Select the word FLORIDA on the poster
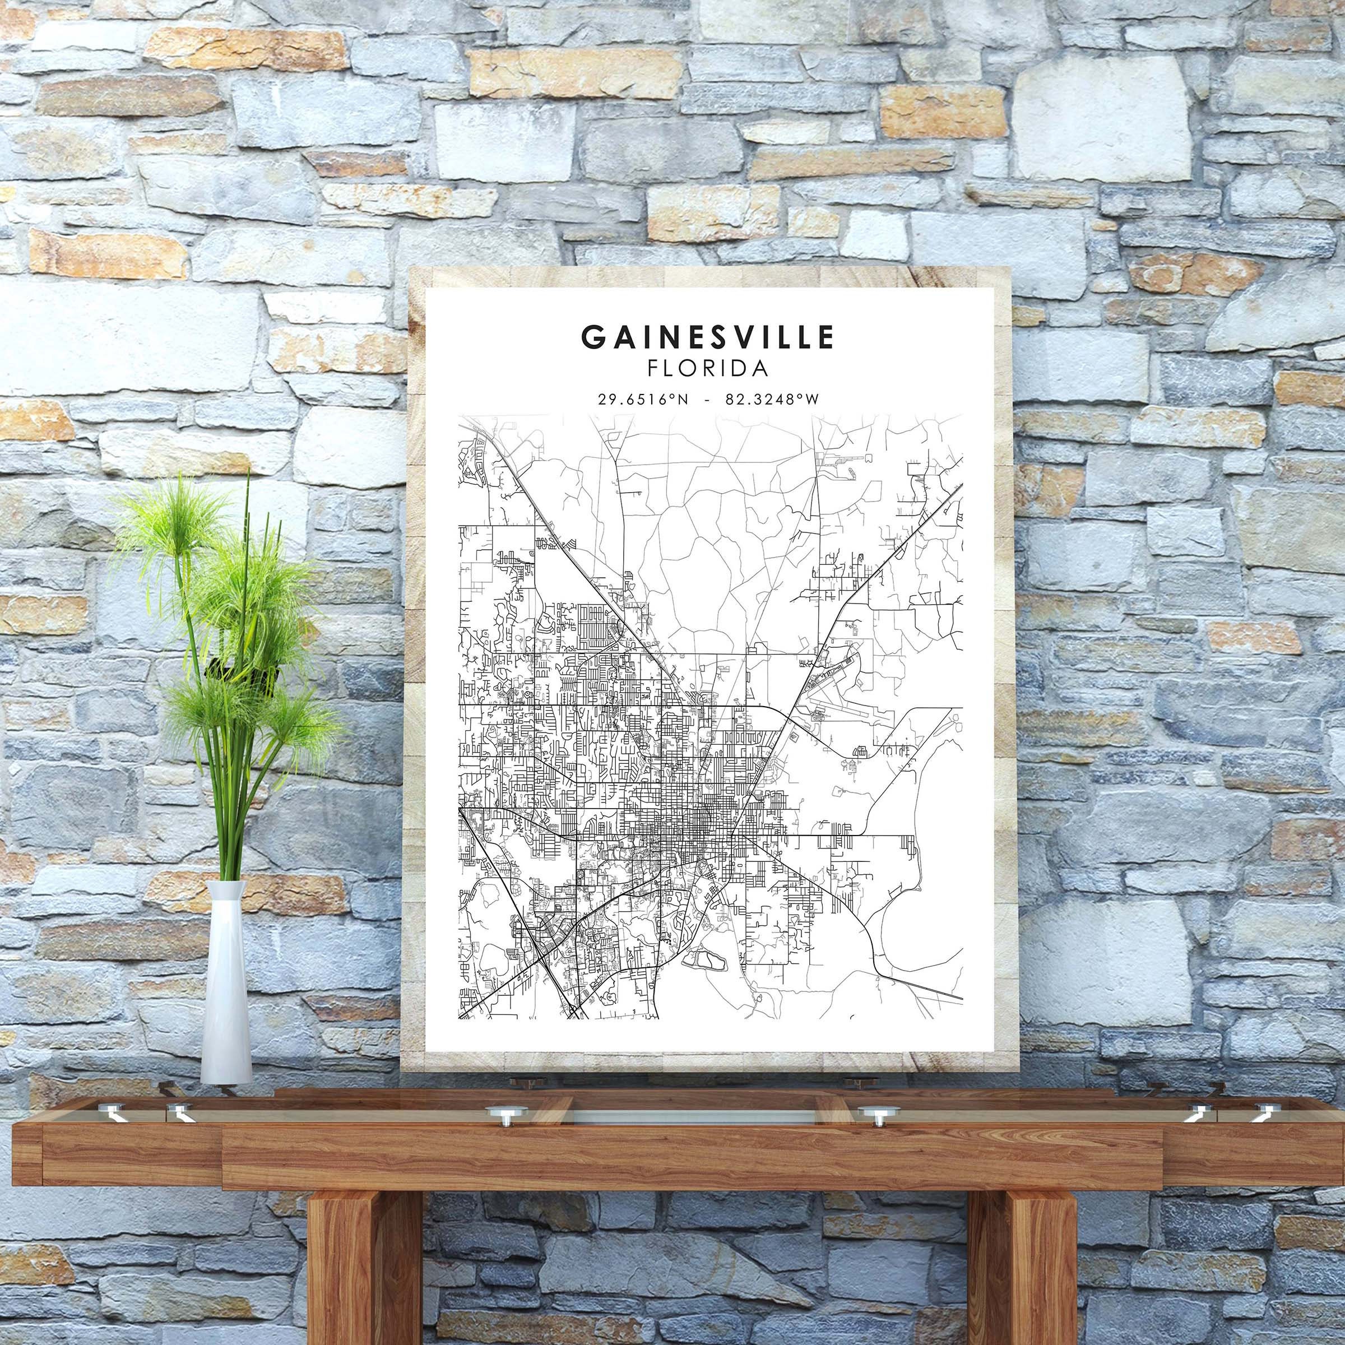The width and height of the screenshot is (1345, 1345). [708, 368]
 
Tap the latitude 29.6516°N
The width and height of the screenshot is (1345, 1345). [643, 400]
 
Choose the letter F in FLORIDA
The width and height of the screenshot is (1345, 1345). [653, 368]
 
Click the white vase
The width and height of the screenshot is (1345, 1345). [226, 989]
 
